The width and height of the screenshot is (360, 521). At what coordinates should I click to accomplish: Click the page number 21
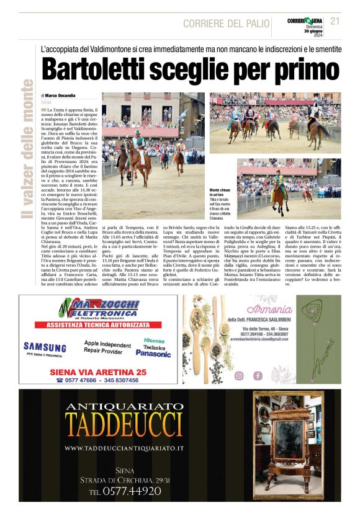335,20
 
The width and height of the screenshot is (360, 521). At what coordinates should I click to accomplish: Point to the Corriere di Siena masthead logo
304,21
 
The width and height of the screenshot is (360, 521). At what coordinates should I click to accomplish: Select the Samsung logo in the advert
45,347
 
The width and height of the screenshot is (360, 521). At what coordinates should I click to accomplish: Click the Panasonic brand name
153,354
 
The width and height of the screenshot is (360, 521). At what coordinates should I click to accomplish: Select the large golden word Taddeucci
124,423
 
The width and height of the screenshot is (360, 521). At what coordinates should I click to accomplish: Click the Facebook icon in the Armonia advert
257,375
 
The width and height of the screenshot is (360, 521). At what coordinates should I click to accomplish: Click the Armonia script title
269,310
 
